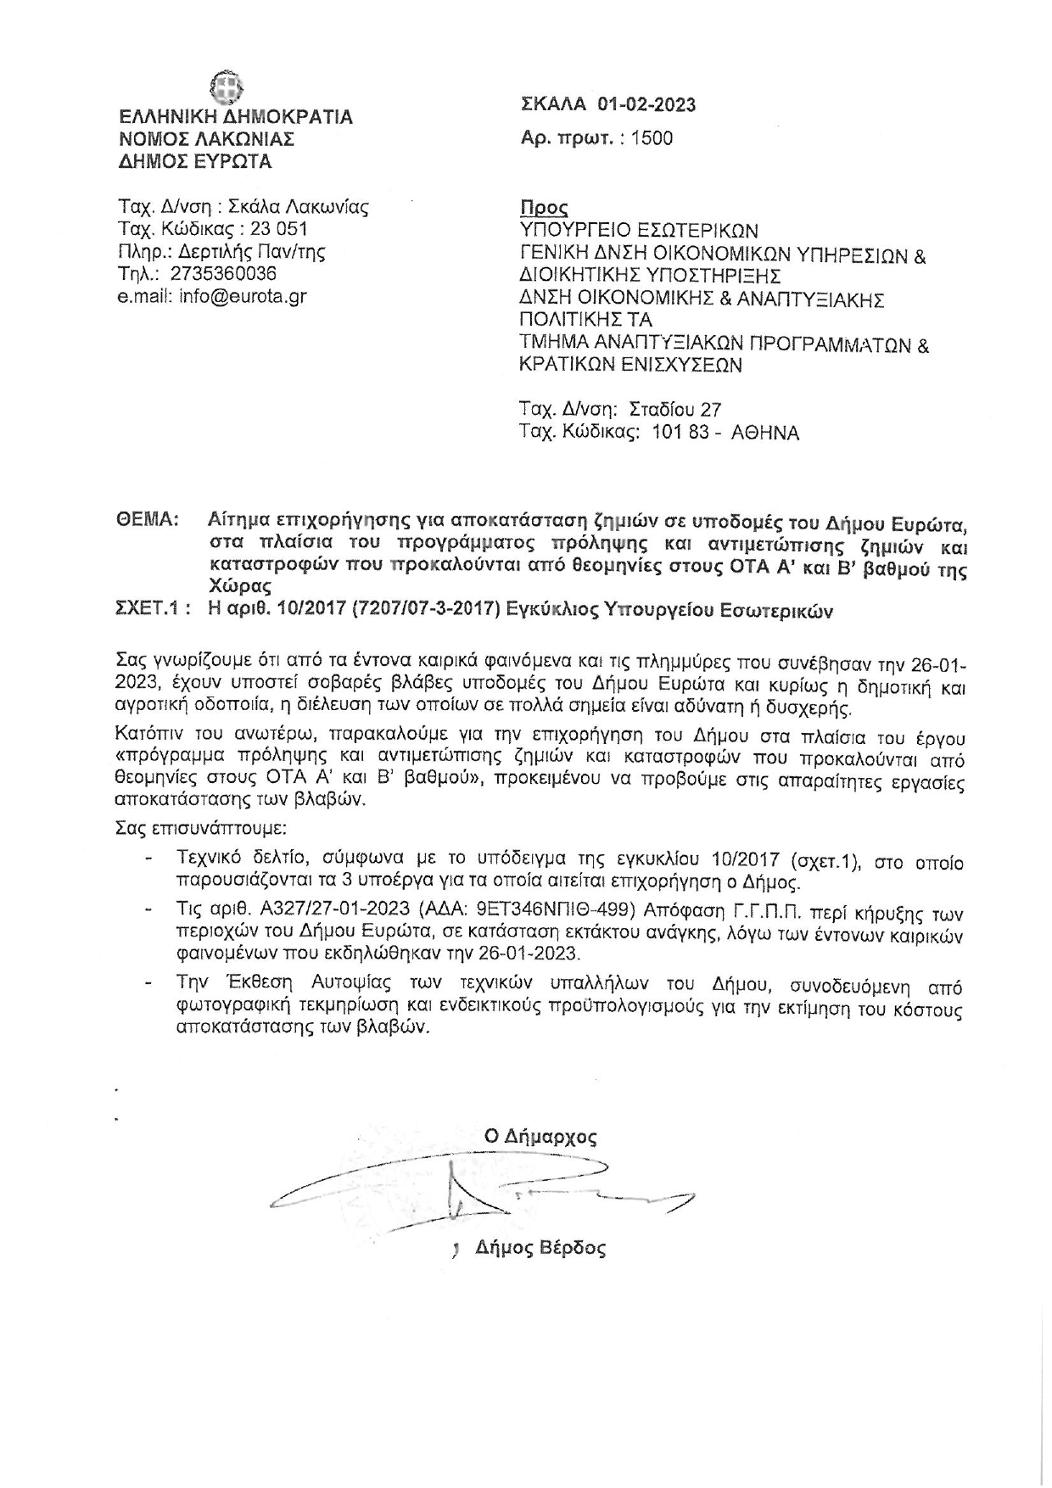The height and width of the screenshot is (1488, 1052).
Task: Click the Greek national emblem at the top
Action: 227,87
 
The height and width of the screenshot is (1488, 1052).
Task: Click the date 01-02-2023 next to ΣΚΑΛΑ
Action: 646,104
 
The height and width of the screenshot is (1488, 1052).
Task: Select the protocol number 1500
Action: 652,138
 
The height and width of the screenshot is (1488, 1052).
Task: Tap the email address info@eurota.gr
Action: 243,296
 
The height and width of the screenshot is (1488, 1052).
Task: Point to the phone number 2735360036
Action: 223,273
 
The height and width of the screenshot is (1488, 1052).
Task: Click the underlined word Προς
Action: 543,208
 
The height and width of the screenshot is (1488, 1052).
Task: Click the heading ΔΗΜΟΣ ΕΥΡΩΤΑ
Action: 195,161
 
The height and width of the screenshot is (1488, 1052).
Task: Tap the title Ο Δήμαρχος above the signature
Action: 540,1136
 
